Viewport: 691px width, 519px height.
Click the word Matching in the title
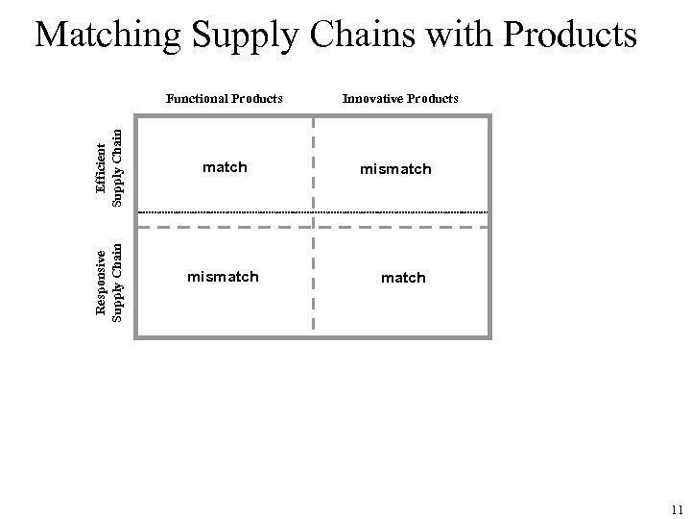107,36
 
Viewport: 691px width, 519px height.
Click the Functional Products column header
225,98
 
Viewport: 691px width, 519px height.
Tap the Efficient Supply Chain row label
109,165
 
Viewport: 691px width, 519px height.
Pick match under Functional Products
225,167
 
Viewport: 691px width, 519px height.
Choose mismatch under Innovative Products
395,169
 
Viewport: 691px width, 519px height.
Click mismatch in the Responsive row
223,277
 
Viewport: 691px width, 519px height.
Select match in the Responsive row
403,278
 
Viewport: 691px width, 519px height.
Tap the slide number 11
677,509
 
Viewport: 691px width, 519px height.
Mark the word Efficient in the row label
102,165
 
